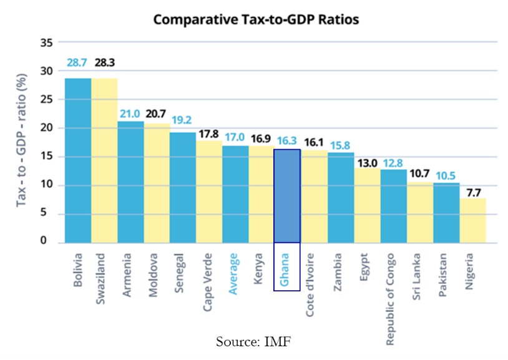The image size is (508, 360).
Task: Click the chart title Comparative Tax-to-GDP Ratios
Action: click(256, 20)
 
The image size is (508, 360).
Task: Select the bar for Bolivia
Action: click(78, 160)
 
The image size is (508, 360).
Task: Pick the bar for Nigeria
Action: click(472, 220)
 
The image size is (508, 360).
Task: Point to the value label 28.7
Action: click(77, 63)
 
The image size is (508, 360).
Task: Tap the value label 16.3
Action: click(287, 141)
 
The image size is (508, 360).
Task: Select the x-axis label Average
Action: click(235, 273)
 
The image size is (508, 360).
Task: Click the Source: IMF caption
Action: click(253, 341)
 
